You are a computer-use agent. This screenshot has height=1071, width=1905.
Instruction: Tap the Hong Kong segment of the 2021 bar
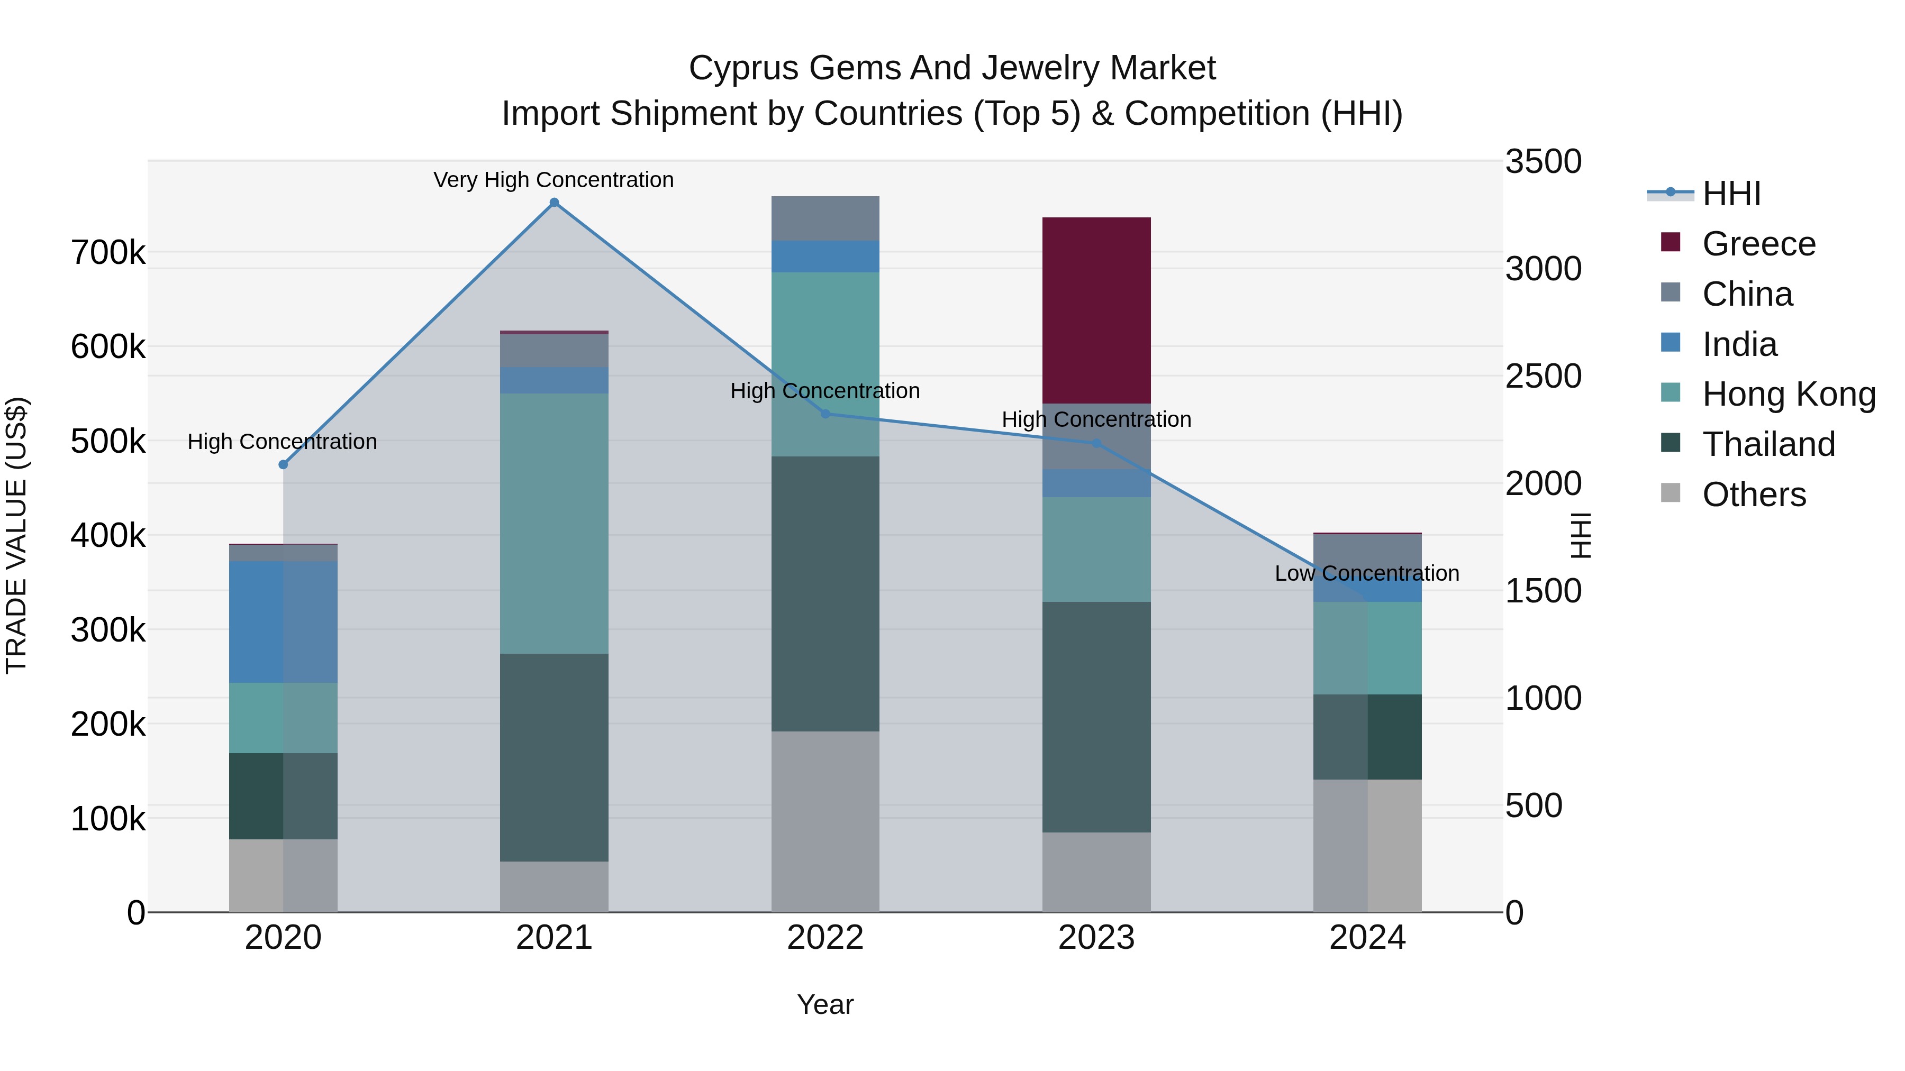554,523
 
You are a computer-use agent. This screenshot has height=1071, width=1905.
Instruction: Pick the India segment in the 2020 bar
283,621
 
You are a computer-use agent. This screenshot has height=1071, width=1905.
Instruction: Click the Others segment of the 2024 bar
1367,846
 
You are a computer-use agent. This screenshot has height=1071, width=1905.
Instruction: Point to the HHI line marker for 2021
554,203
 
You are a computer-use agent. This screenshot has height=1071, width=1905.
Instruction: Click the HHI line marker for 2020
283,464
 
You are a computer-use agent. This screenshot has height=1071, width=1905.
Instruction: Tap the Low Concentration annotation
1367,573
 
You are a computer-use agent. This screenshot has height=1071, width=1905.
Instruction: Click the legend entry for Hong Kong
1788,394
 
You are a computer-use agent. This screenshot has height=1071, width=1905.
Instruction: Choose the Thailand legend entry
1768,444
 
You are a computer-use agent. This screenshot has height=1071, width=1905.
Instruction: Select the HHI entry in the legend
1730,194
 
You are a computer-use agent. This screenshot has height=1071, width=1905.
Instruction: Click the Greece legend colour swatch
1671,242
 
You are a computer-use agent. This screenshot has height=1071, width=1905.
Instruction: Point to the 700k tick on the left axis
108,253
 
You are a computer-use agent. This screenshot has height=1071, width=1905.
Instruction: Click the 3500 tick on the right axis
1544,161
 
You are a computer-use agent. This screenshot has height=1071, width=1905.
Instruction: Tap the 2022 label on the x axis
825,938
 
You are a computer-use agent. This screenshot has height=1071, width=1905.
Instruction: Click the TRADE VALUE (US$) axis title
16,535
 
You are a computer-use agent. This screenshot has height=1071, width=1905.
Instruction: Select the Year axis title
825,1004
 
